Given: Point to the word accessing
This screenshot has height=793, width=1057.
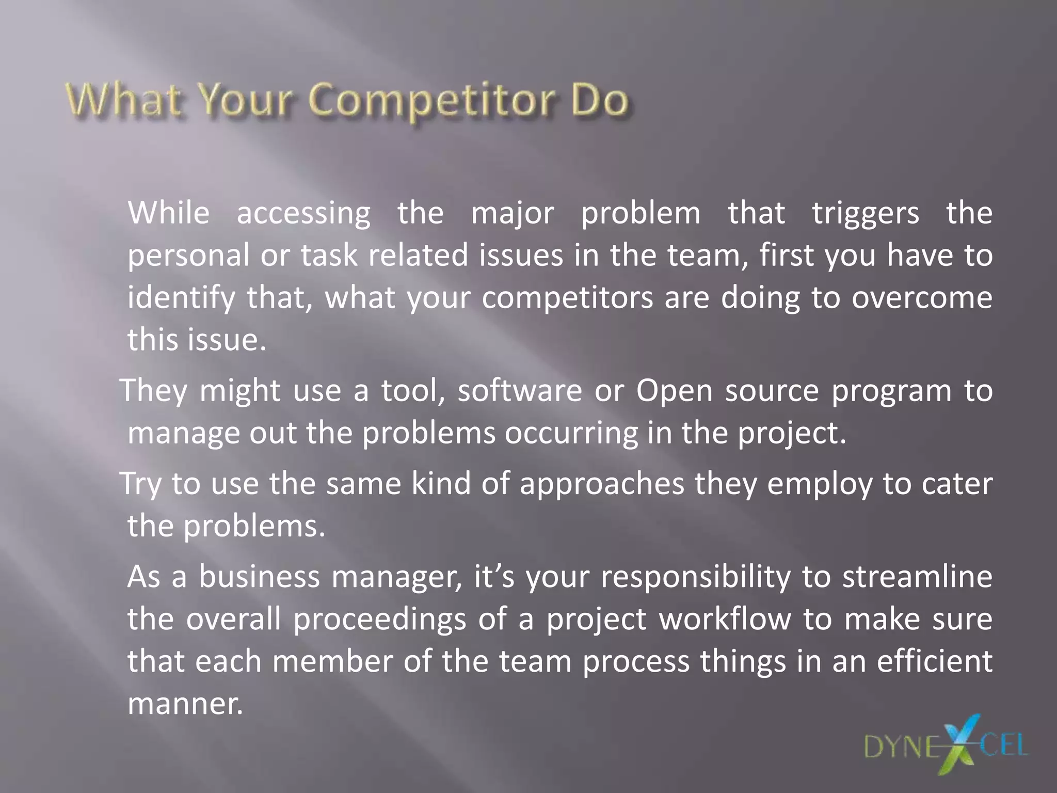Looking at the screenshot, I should (303, 214).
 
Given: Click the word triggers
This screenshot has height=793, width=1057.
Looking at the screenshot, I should (866, 214).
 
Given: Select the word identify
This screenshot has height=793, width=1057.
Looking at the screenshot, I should (181, 298).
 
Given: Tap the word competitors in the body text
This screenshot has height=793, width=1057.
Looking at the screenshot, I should (568, 298).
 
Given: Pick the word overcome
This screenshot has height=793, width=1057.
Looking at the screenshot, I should (922, 298).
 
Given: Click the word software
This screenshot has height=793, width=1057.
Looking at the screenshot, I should (520, 390).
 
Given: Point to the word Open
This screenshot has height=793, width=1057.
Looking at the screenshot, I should (674, 391).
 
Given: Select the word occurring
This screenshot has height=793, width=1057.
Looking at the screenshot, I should (571, 434).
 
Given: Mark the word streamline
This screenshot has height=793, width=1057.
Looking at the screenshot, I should (917, 577).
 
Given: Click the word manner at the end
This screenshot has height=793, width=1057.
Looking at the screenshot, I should (184, 704).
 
